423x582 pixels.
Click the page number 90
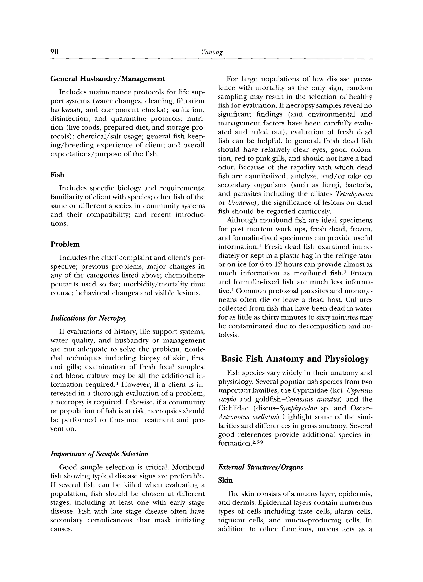54,52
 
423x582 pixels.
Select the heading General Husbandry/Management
107,79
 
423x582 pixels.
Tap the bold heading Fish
57,175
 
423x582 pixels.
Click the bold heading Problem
65,244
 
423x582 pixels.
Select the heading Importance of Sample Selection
99,454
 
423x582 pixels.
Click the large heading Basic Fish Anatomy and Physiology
295,359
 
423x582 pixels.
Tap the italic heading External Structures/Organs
260,467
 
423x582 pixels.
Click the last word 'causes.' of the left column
61,529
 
